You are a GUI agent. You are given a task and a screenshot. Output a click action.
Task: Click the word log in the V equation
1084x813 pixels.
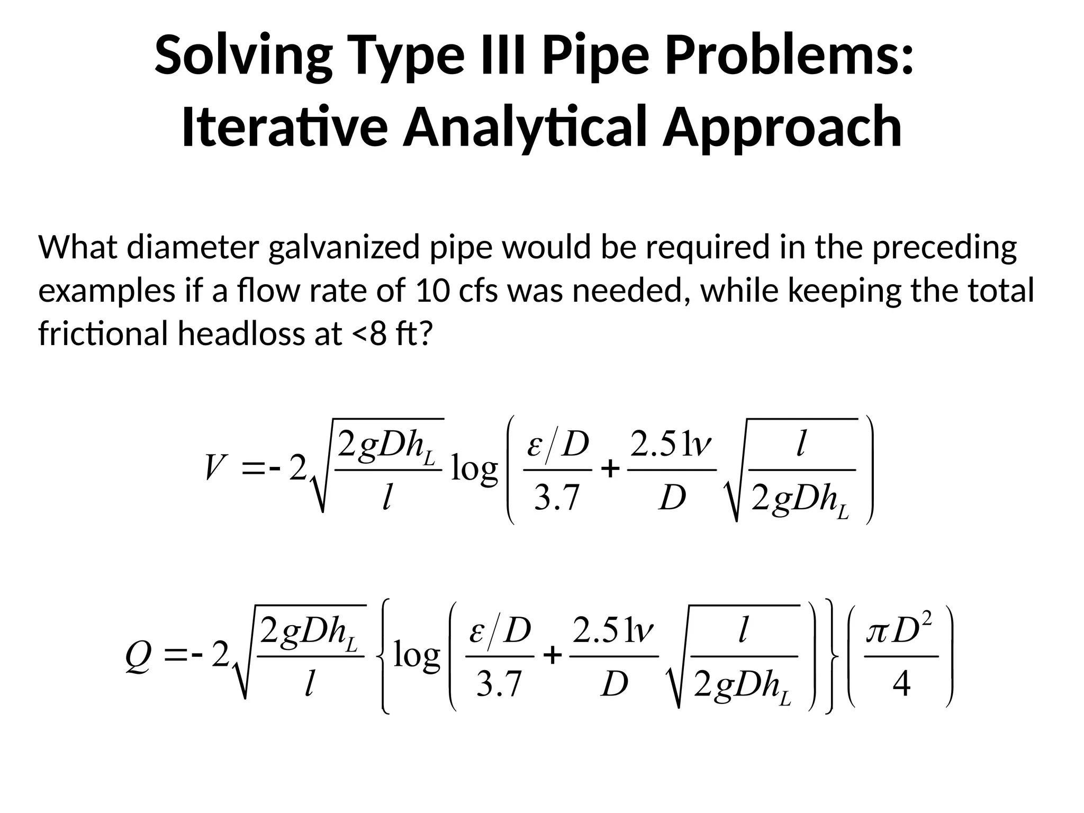click(x=474, y=469)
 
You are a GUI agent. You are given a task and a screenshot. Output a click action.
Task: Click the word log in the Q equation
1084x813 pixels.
click(x=417, y=656)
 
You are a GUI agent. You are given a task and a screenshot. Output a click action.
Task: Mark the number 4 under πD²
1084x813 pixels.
click(x=901, y=684)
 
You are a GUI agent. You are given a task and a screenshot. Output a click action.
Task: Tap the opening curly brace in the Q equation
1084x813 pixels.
click(x=385, y=656)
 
